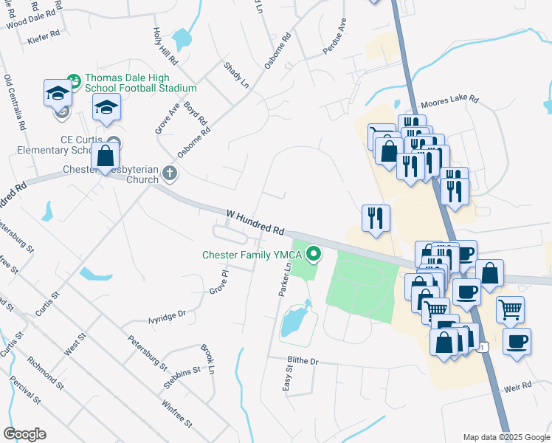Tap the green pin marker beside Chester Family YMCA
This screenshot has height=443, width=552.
314,255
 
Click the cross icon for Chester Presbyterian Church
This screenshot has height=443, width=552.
170,174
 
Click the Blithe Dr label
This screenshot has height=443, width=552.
303,362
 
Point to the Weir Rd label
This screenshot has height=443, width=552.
518,386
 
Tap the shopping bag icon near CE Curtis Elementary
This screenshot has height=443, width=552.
106,155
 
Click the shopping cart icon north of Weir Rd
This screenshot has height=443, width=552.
511,309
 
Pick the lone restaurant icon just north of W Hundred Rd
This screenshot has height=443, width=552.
376,218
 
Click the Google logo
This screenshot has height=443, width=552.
24,434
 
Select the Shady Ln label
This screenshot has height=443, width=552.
236,76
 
